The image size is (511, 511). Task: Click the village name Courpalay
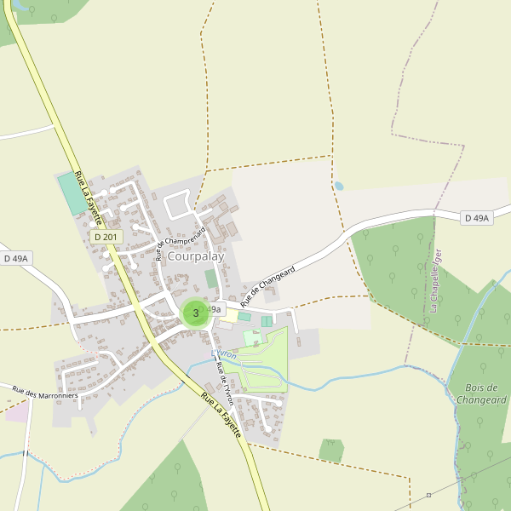pos(195,255)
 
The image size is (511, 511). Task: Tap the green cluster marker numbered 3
pos(196,313)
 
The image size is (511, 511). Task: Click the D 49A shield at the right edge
pos(478,218)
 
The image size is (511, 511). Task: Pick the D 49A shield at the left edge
pos(16,258)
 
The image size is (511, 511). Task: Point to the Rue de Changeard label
pos(267,286)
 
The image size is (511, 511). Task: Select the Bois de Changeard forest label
pos(480,393)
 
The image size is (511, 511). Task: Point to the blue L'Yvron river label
pos(224,352)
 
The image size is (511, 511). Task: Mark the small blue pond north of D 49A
pos(339,185)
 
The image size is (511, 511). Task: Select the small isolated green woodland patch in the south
pos(331,450)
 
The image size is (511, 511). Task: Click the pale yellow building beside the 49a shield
pos(230,315)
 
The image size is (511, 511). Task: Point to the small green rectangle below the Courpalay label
pos(210,278)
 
